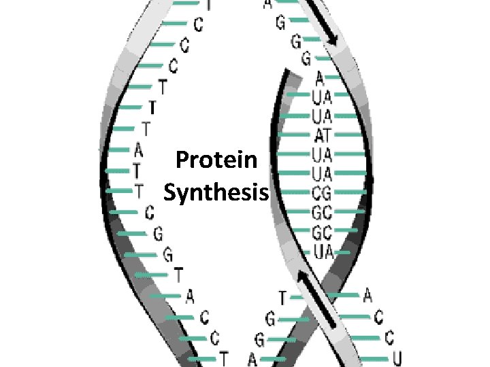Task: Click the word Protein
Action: [216, 160]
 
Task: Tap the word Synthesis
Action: [216, 194]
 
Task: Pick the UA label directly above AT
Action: [322, 116]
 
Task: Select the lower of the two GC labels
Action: [322, 232]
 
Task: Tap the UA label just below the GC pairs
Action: [322, 252]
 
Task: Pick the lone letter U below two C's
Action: [397, 357]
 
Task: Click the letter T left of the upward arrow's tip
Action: [282, 297]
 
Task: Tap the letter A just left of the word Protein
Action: [139, 148]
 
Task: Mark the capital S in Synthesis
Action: [170, 193]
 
